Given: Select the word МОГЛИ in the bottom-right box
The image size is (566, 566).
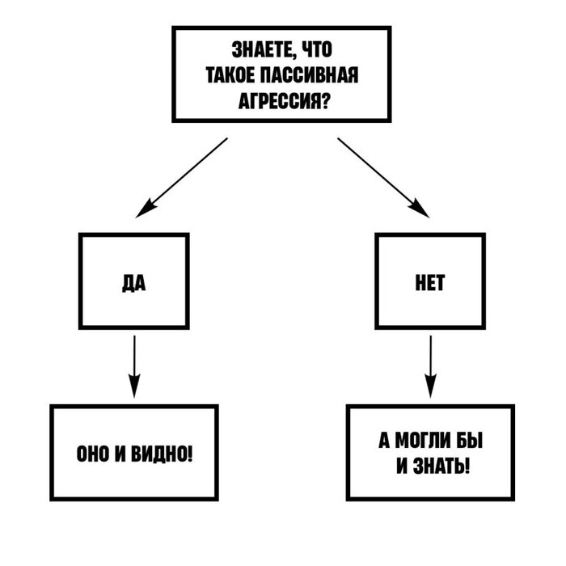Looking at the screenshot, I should click(x=426, y=441).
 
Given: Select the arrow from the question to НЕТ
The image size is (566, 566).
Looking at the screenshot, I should click(x=381, y=176).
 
